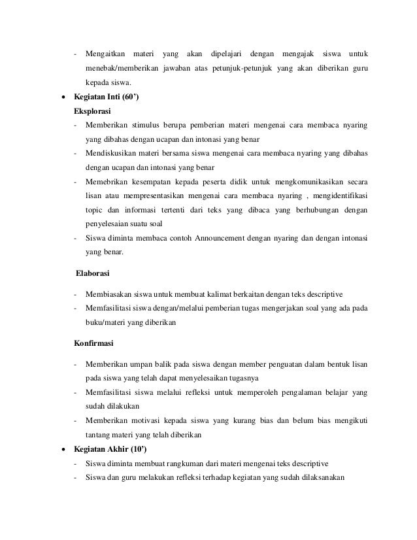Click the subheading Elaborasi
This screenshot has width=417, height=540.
[x=93, y=272]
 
